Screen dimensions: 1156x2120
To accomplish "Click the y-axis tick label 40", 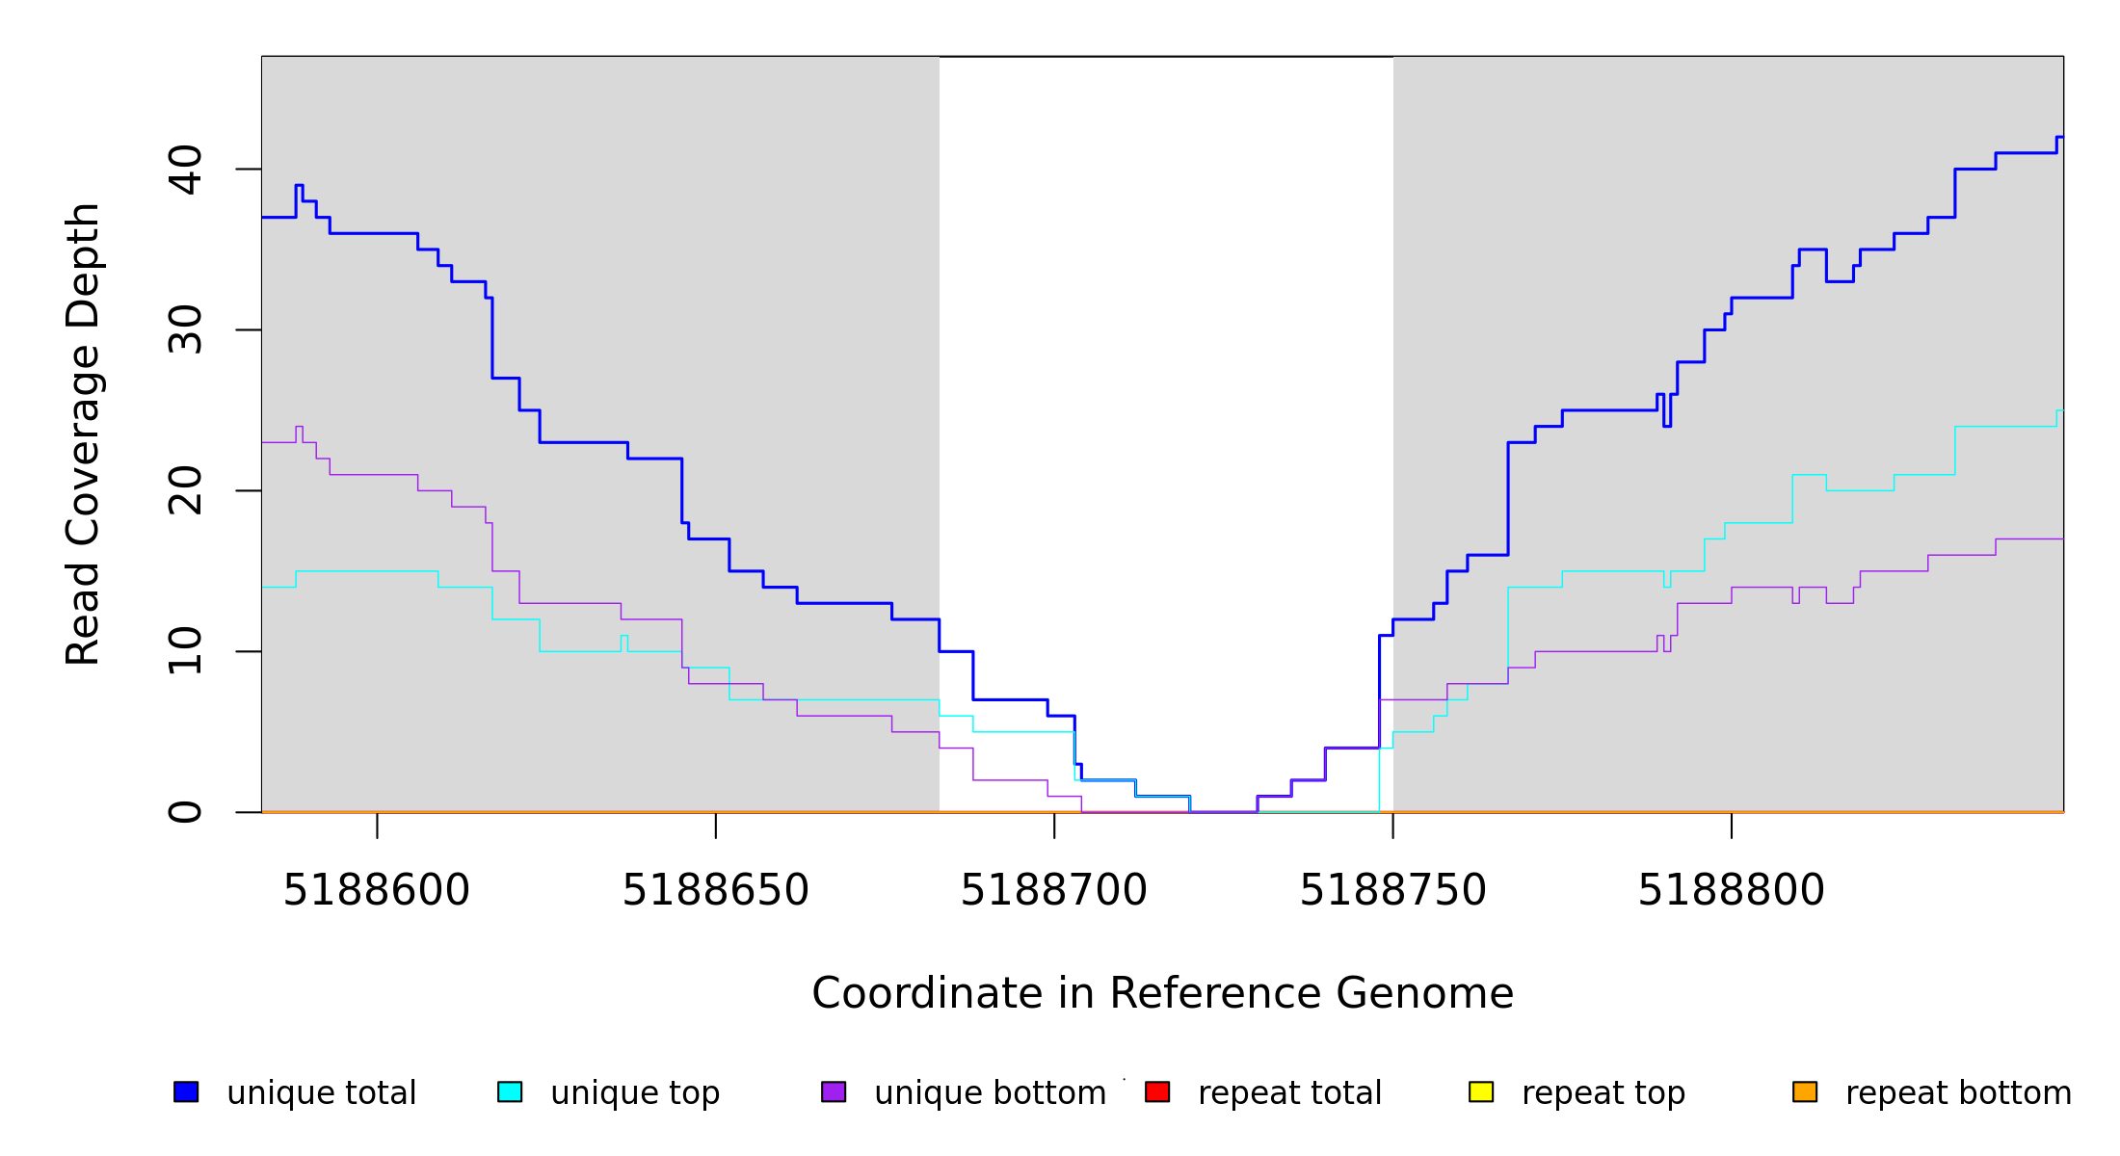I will (184, 170).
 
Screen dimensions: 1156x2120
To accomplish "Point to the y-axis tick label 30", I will (184, 330).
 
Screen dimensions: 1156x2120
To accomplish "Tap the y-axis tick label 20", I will (184, 491).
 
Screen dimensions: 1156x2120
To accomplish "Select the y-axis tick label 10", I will (184, 651).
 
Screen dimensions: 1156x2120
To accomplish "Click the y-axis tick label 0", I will (184, 812).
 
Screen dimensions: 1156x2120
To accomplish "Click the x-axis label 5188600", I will (377, 891).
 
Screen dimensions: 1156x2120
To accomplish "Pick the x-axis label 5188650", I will (715, 891).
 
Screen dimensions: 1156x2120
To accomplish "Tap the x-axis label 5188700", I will (1054, 891).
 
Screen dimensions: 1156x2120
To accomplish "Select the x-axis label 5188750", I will (1392, 891).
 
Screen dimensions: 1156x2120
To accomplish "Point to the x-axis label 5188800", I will (1732, 891).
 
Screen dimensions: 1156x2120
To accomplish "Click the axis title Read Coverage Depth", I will (83, 433).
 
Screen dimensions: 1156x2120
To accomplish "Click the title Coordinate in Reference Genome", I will (1162, 994).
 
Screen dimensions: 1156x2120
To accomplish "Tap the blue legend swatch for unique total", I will (186, 1091).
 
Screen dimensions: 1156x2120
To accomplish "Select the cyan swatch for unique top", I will (510, 1091).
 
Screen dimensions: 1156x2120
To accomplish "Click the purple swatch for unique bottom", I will (834, 1091).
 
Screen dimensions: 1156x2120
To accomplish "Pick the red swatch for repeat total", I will (1157, 1091).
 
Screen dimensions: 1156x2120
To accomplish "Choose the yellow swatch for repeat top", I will (1481, 1091).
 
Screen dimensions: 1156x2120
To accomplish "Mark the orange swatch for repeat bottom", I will (1805, 1091).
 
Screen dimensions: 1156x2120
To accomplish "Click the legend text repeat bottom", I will (1958, 1093).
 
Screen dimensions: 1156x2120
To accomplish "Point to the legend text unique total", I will (322, 1093).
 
